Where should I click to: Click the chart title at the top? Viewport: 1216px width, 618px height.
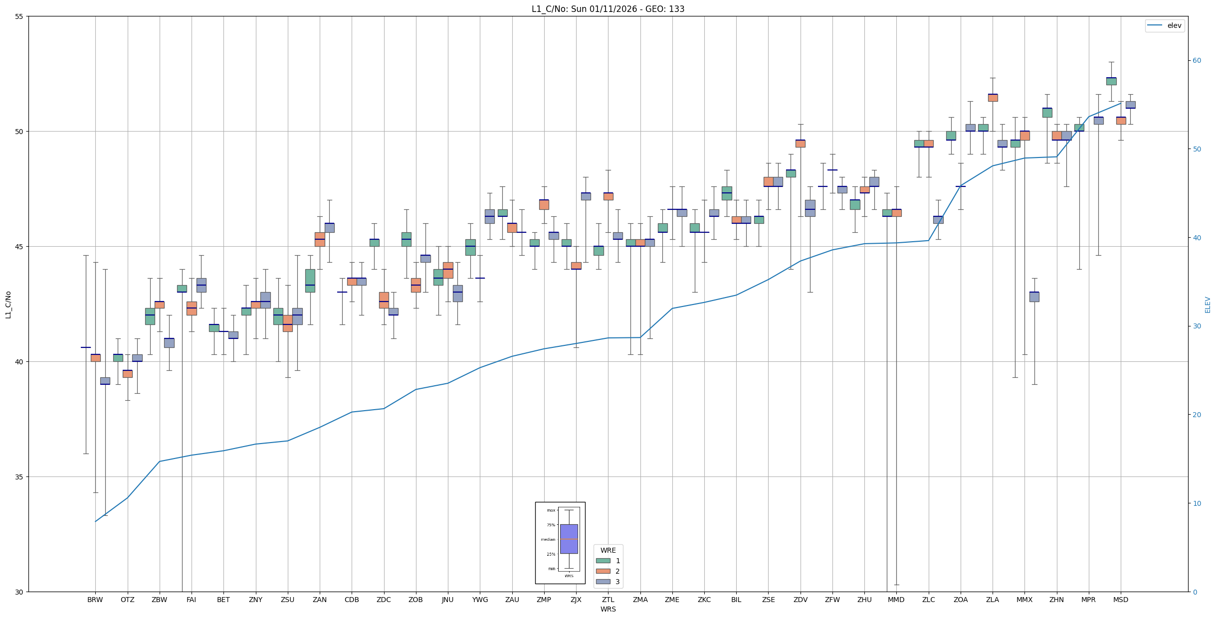click(608, 9)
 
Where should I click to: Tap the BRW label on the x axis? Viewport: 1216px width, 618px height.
click(95, 600)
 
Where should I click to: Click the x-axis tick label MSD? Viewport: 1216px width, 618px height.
click(1121, 600)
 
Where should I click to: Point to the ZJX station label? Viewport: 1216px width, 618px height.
click(576, 600)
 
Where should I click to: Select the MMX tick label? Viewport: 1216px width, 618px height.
click(1024, 600)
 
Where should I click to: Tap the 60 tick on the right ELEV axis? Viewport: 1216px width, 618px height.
click(1197, 61)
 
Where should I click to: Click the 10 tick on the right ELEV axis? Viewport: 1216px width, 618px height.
click(1197, 503)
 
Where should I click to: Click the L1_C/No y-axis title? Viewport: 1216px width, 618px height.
click(8, 305)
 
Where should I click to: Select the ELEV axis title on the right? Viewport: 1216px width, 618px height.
click(1208, 305)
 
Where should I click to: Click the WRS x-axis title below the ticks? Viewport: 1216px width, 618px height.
click(608, 609)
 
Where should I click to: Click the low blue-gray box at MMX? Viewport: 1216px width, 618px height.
click(1034, 297)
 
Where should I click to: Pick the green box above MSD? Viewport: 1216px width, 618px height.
click(1111, 81)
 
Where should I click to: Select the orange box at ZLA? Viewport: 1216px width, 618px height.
click(993, 98)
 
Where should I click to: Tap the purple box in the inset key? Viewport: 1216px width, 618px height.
click(569, 539)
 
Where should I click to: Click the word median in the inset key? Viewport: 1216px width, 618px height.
click(548, 539)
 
